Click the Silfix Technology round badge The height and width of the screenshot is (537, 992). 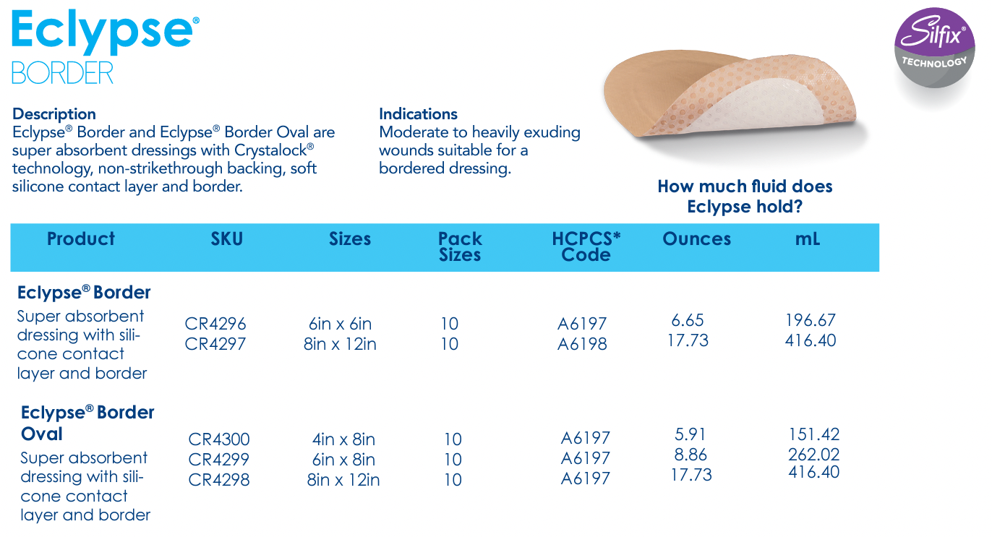pyautogui.click(x=934, y=48)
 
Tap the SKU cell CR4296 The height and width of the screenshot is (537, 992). pyautogui.click(x=215, y=324)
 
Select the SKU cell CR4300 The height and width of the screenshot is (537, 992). pyautogui.click(x=219, y=439)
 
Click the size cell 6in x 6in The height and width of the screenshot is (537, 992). pyautogui.click(x=340, y=324)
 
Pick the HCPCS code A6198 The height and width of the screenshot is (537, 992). pyautogui.click(x=582, y=344)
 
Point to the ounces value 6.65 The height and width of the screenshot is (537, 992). pyautogui.click(x=688, y=320)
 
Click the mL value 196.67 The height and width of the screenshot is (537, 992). pyautogui.click(x=811, y=320)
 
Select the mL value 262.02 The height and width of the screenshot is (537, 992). pyautogui.click(x=814, y=454)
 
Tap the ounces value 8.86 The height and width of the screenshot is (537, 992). pyautogui.click(x=690, y=454)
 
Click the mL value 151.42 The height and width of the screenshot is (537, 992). pyautogui.click(x=814, y=434)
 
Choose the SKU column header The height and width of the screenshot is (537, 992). pyautogui.click(x=227, y=239)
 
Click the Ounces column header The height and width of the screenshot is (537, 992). pyautogui.click(x=696, y=239)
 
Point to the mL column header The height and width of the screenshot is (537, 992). pyautogui.click(x=808, y=239)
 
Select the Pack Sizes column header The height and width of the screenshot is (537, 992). pyautogui.click(x=460, y=246)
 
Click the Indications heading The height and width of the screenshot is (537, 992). pyautogui.click(x=418, y=113)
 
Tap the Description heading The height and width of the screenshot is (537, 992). pyautogui.click(x=54, y=113)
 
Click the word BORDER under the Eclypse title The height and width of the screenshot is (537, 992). pyautogui.click(x=62, y=72)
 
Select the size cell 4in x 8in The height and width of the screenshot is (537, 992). pyautogui.click(x=343, y=439)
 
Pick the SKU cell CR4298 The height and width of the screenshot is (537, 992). pyautogui.click(x=219, y=479)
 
